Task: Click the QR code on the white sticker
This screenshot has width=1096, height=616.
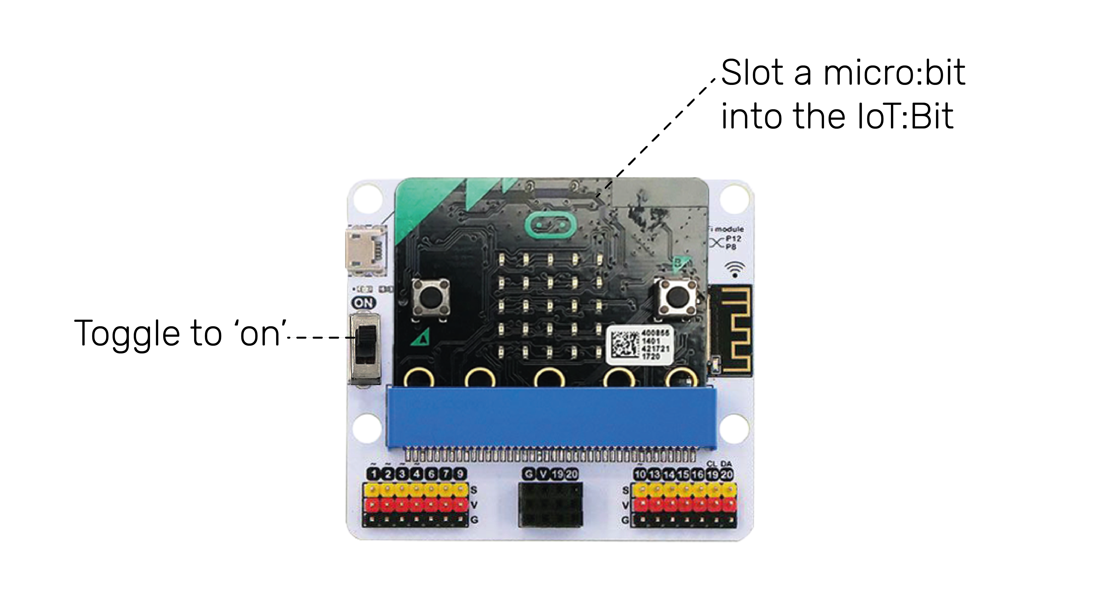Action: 624,344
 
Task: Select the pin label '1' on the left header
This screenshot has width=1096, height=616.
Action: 373,474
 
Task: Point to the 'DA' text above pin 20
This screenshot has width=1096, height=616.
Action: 726,464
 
